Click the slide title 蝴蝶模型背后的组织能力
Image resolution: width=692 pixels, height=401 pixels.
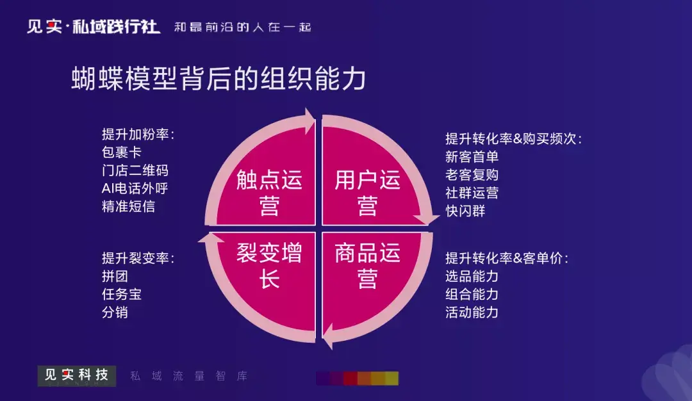pos(218,79)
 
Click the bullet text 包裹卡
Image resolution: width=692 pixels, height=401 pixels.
pos(121,152)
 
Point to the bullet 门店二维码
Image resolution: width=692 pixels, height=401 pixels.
pos(135,170)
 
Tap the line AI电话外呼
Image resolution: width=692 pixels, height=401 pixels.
pos(135,188)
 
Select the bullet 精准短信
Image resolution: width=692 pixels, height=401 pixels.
pos(128,206)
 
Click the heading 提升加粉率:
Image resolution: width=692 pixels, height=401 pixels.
pos(138,134)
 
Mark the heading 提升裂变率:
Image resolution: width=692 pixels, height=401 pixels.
pos(138,258)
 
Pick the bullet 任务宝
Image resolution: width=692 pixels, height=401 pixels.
pos(121,294)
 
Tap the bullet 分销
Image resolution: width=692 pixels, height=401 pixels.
pos(115,313)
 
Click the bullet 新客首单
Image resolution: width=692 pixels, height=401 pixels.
pos(472,156)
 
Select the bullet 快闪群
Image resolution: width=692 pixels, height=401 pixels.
pos(465,211)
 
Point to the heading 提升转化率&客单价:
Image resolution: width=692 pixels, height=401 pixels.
pos(507,258)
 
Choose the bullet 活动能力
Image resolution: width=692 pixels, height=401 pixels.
pos(472,313)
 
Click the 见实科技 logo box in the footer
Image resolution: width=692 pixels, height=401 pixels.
pos(77,376)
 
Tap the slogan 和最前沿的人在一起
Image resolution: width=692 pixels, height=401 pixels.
pos(243,28)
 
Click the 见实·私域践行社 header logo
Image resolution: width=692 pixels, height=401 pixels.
pos(93,27)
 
